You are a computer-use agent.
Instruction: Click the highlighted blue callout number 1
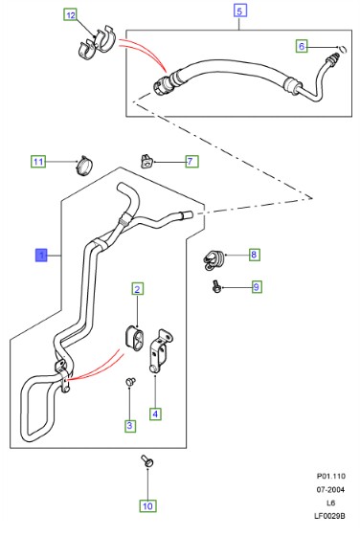[42, 255]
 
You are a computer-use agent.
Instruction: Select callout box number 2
[138, 289]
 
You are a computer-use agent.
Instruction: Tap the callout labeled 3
[129, 426]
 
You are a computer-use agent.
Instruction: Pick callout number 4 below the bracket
[155, 413]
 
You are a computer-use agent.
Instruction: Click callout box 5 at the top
[239, 11]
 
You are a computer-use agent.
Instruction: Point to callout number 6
[302, 46]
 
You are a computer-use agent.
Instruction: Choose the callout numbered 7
[191, 161]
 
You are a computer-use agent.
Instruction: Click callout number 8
[254, 255]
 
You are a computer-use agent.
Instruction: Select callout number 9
[257, 287]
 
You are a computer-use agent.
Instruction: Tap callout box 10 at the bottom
[147, 506]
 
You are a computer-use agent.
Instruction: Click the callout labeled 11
[38, 162]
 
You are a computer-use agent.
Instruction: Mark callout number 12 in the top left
[71, 15]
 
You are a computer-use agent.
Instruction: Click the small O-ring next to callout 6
[344, 49]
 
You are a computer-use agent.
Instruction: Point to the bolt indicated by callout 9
[216, 286]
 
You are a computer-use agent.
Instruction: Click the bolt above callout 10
[147, 461]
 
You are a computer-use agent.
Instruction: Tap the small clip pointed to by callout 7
[146, 161]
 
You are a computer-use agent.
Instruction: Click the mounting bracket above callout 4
[160, 350]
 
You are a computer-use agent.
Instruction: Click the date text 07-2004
[330, 489]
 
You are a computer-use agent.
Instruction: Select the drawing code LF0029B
[329, 516]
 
